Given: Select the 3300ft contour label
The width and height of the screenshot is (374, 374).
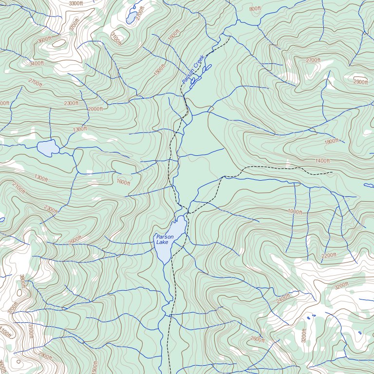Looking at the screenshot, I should click(76, 3).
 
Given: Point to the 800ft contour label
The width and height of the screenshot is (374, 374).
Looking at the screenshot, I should click(255, 9).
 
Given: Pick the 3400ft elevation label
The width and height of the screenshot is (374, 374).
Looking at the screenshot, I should click(37, 63).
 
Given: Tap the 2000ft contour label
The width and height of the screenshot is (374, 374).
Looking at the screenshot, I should click(95, 109).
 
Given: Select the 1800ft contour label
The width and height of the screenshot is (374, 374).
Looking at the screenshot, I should click(331, 141).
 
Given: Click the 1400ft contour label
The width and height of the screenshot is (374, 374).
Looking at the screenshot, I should click(322, 161).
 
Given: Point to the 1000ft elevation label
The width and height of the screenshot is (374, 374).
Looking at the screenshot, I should click(295, 212).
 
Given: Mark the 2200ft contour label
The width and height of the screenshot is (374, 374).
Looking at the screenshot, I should click(329, 255).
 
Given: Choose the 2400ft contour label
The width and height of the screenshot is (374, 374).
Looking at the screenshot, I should click(283, 299).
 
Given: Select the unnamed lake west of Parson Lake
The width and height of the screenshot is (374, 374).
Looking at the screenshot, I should click(47, 148).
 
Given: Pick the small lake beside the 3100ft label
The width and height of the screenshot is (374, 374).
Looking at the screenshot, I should click(131, 18).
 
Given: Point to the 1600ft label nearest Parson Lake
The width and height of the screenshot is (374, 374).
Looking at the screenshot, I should click(123, 182).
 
